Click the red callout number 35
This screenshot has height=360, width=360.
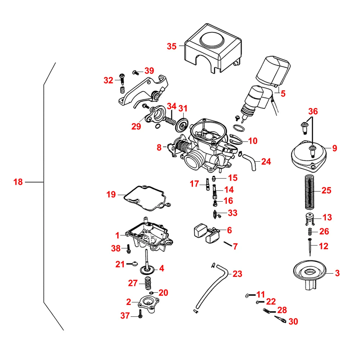click(172, 46)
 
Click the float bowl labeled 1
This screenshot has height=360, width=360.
click(148, 236)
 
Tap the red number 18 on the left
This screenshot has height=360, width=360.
click(18, 182)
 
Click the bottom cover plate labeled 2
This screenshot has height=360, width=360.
click(148, 303)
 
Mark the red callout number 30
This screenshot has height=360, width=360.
click(293, 321)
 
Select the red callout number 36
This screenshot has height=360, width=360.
click(313, 112)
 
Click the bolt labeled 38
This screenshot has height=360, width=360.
click(127, 248)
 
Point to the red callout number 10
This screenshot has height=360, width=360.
click(253, 141)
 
